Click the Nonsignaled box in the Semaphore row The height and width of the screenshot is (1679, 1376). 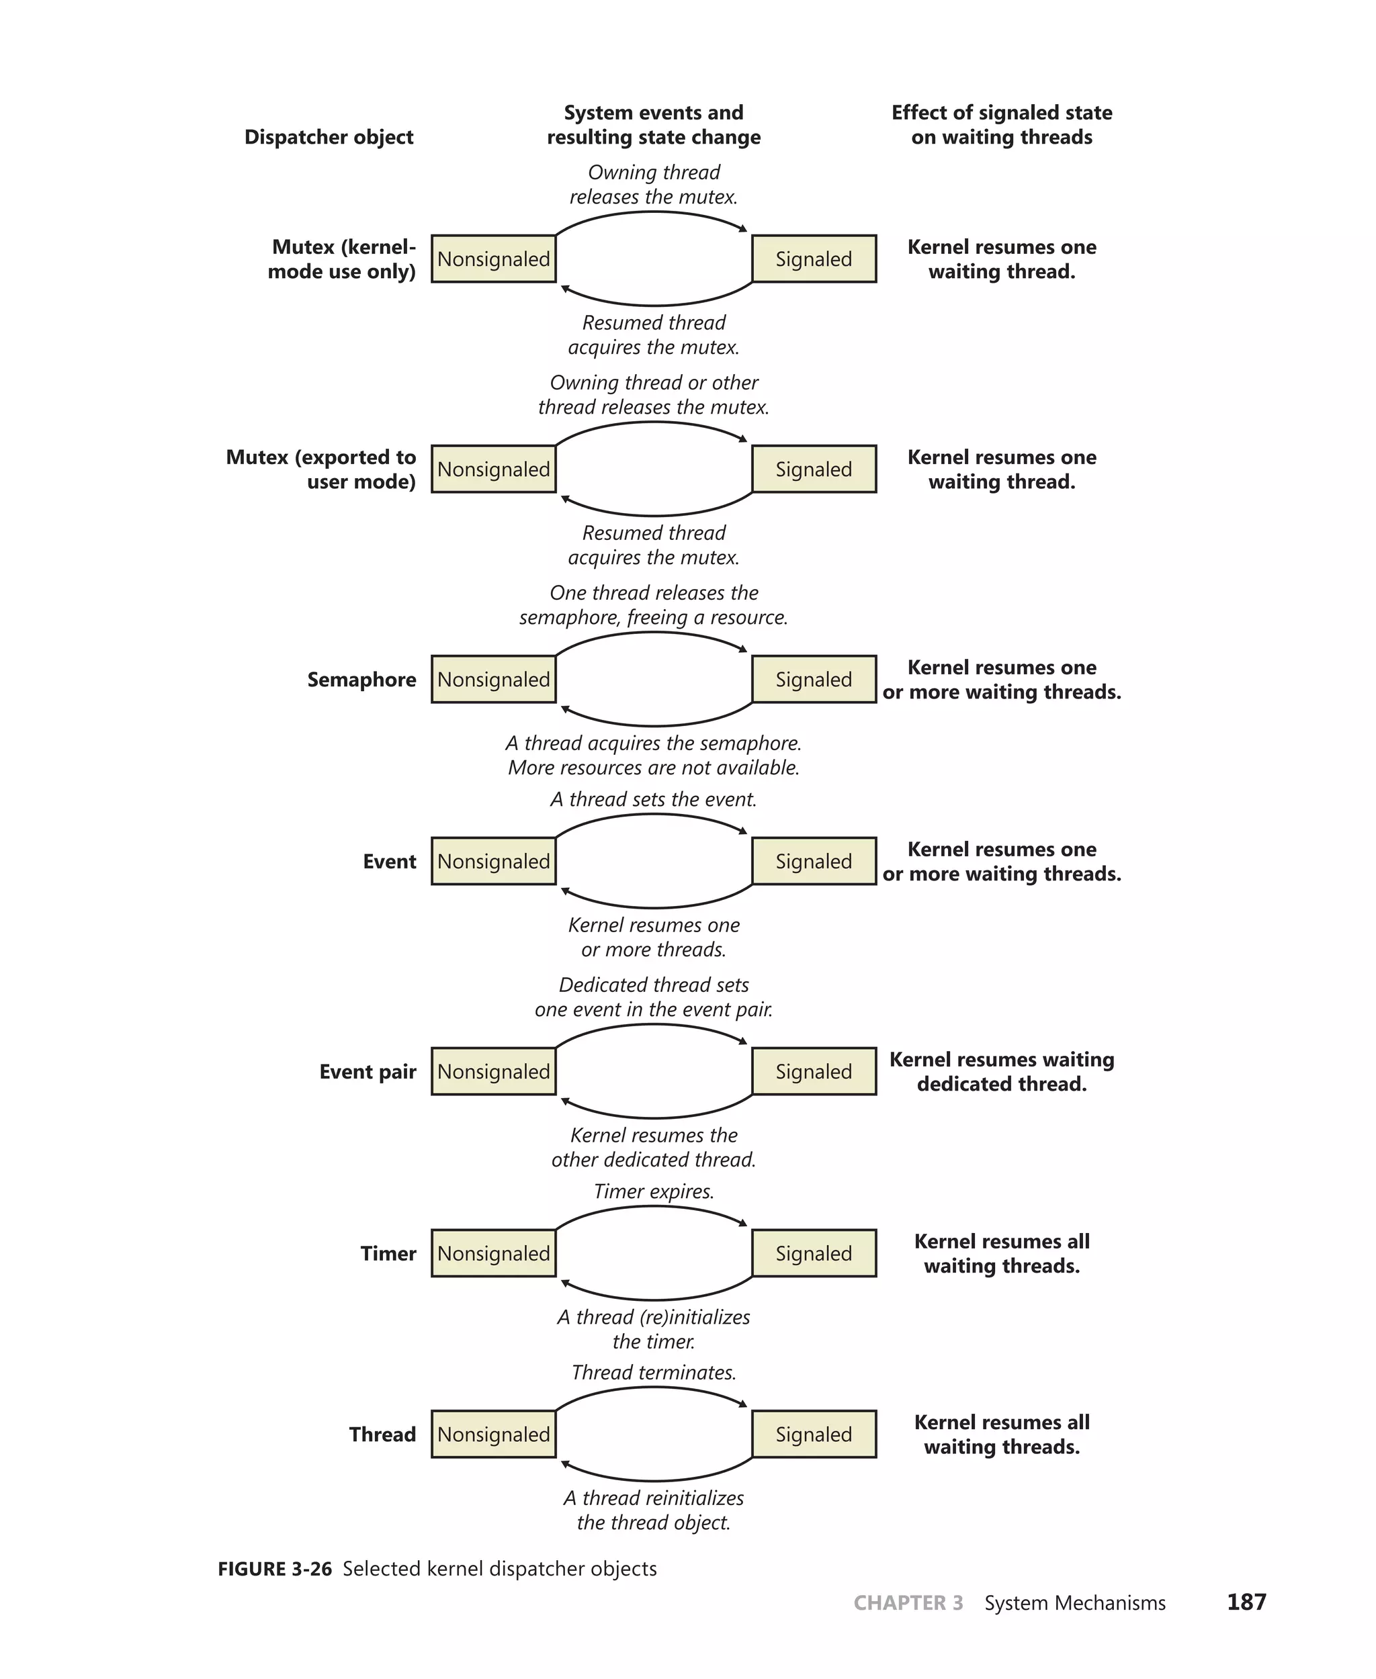(x=493, y=679)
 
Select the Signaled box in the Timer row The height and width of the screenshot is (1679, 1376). (x=813, y=1253)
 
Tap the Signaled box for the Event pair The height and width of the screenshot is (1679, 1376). (x=813, y=1071)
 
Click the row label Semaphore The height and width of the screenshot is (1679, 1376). (x=361, y=680)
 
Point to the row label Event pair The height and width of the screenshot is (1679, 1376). (x=367, y=1072)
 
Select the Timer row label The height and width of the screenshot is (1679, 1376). (x=388, y=1253)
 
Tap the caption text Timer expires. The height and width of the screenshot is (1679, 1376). (x=654, y=1191)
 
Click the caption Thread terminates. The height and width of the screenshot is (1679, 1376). (x=654, y=1372)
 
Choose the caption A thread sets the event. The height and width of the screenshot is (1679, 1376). (x=654, y=799)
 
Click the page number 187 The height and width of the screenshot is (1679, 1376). (x=1246, y=1602)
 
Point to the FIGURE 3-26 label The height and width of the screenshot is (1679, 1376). (x=274, y=1569)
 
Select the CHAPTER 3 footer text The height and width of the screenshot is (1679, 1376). (x=908, y=1603)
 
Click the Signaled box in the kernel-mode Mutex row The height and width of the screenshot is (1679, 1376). (x=813, y=259)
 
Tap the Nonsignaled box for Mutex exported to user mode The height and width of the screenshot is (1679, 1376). (x=493, y=469)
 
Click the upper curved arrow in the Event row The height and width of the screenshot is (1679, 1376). (x=654, y=815)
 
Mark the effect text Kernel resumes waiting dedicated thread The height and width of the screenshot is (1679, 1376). (x=1001, y=1071)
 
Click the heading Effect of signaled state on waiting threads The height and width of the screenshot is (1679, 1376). (x=1001, y=124)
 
